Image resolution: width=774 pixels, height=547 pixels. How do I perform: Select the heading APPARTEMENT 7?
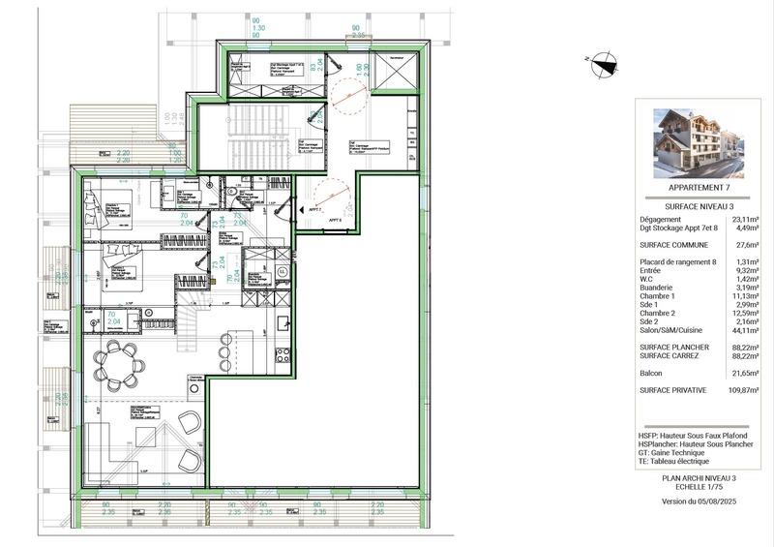point(695,187)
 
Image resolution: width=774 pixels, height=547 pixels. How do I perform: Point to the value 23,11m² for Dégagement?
point(744,220)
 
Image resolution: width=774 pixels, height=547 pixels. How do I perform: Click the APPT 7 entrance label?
point(314,208)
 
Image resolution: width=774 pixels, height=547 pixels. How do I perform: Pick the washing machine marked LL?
point(282,272)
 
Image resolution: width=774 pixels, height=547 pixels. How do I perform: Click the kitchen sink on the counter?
point(284,322)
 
